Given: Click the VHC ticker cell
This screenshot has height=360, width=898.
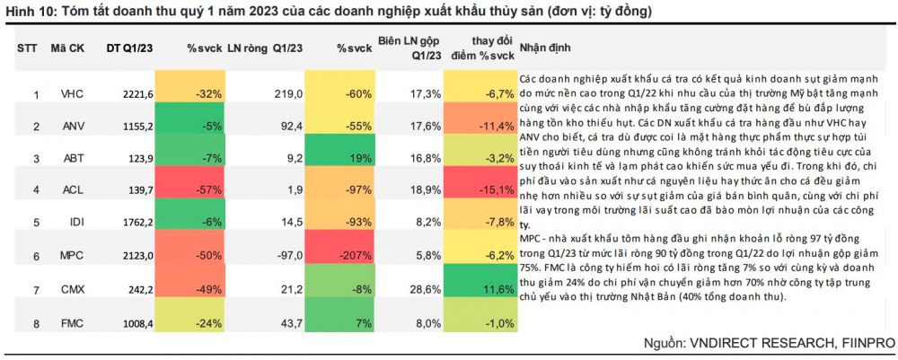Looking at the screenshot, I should (72, 93).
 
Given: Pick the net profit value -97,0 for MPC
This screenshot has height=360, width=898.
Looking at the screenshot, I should (289, 256).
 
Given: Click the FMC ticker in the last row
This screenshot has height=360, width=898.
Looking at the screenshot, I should (71, 321).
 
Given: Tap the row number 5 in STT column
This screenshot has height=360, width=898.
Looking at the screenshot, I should (36, 224).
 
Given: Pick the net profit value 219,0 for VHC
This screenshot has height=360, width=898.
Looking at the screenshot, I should (289, 93).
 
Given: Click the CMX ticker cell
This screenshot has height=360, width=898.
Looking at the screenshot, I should (72, 289).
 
